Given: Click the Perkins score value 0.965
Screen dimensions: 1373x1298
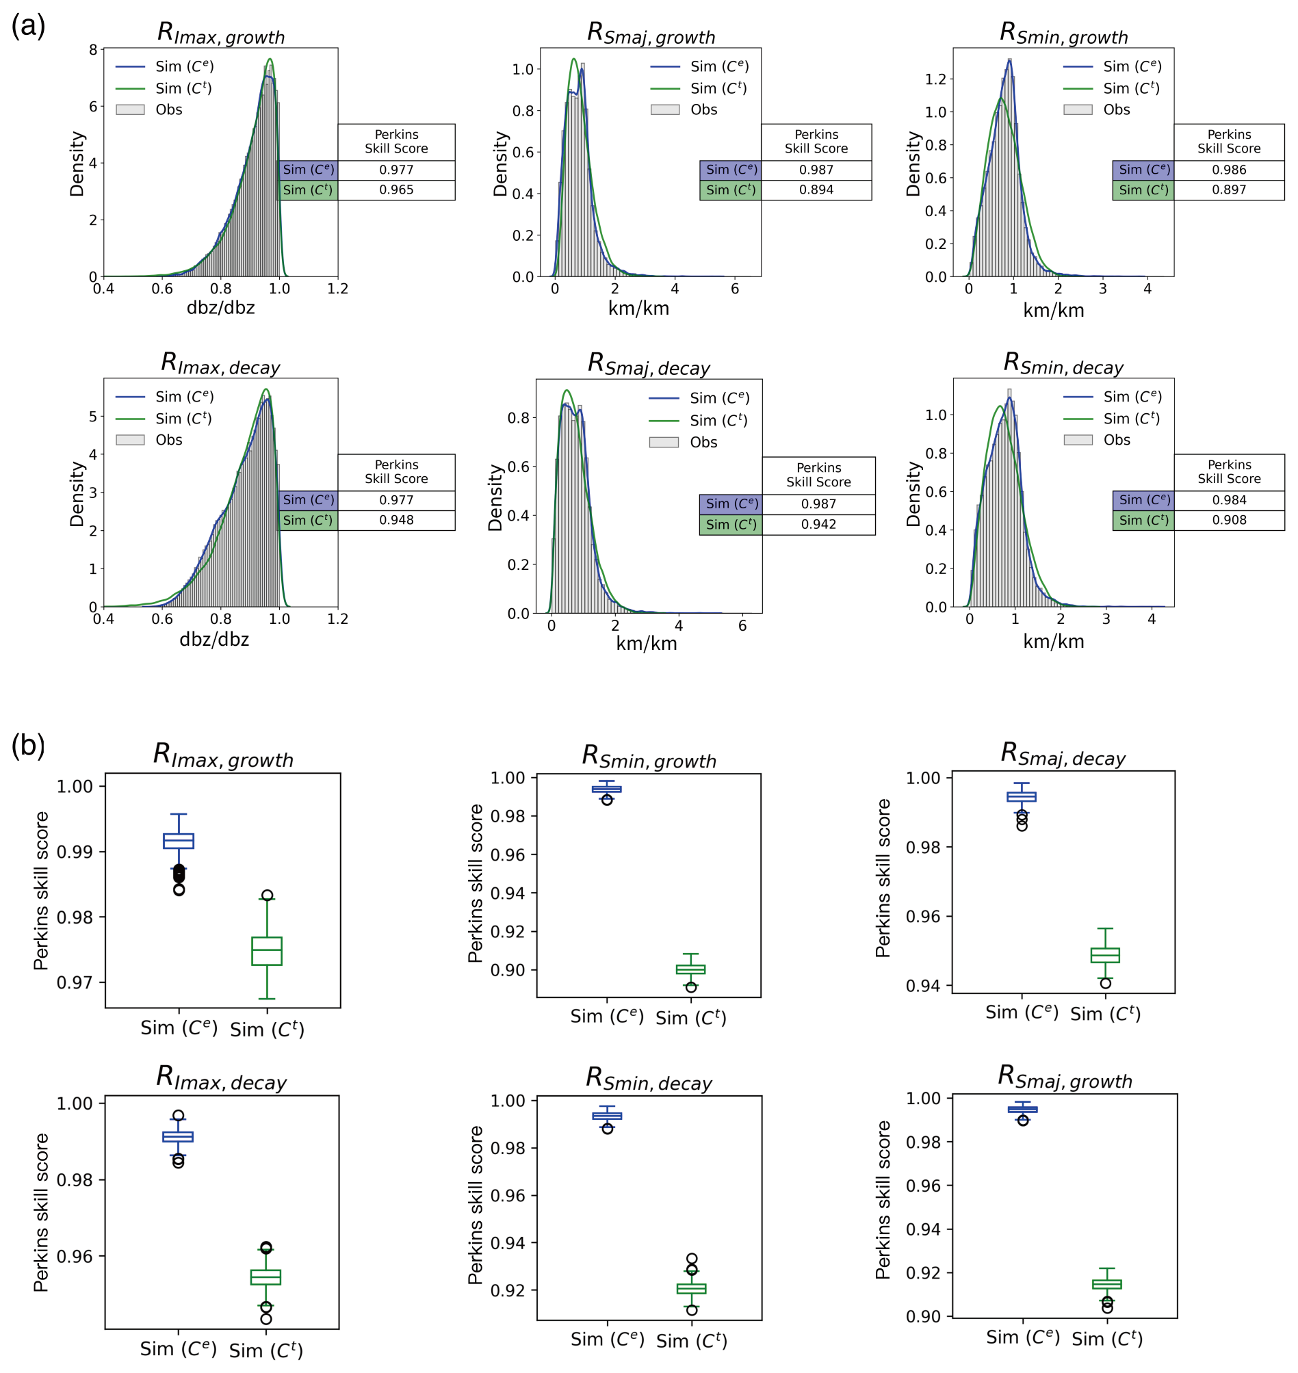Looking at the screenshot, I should (x=396, y=190).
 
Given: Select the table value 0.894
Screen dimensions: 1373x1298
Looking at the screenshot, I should (x=816, y=190).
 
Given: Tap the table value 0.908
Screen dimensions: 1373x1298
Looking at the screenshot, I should (x=1230, y=520).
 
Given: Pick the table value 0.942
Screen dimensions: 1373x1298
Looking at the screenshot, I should (x=818, y=524).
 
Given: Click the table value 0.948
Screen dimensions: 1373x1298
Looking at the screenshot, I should (x=396, y=520).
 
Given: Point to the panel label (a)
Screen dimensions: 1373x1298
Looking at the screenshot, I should (x=28, y=26).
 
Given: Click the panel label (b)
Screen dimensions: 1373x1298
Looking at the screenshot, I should (x=28, y=746).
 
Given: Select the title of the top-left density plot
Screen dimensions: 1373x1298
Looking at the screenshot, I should (x=221, y=34).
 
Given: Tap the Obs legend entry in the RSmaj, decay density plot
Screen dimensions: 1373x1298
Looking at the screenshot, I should (x=703, y=442).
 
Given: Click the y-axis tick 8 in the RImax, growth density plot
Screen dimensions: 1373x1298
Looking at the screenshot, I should (x=94, y=50).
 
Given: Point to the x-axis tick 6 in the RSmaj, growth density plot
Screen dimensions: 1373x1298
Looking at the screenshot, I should (x=735, y=289).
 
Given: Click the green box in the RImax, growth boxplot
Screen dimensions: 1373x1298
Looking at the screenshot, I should (x=266, y=951).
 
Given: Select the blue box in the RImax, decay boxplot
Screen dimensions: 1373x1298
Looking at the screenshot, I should (x=178, y=1136).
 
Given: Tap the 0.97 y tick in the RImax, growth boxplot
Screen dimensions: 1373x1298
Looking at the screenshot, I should (x=75, y=982).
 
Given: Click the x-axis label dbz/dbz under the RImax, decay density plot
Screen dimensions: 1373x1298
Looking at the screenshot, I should (x=214, y=639).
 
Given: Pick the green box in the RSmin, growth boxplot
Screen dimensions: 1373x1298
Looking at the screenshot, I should (x=690, y=969).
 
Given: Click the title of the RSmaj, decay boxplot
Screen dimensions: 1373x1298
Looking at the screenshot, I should (x=1063, y=754).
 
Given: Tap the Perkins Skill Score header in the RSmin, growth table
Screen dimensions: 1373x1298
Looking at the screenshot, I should (x=1229, y=142).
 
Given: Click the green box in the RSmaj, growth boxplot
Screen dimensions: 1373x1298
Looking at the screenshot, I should (x=1107, y=1284).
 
